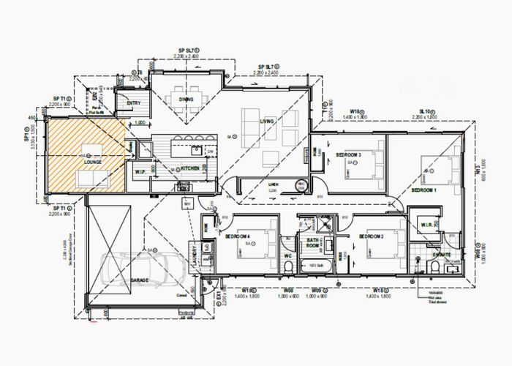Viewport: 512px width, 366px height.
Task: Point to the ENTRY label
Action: (134, 103)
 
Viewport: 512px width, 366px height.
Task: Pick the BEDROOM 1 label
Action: (424, 190)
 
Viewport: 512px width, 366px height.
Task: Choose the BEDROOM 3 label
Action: (349, 155)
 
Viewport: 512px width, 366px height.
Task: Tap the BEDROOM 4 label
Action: (238, 236)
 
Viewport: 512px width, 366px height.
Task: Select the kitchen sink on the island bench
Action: (196, 151)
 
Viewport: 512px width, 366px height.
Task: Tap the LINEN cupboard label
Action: (274, 184)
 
